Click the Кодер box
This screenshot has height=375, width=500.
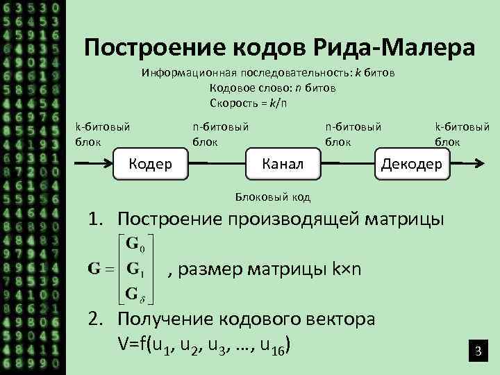click(151, 164)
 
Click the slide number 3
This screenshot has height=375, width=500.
click(478, 353)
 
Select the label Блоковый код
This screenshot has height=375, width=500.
click(273, 197)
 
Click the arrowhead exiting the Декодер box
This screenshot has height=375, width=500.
click(480, 164)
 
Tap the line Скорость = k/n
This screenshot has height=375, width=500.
click(249, 103)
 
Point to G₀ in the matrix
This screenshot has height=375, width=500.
click(130, 245)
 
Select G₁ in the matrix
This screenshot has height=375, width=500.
click(130, 269)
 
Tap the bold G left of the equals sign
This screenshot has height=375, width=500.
click(94, 269)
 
